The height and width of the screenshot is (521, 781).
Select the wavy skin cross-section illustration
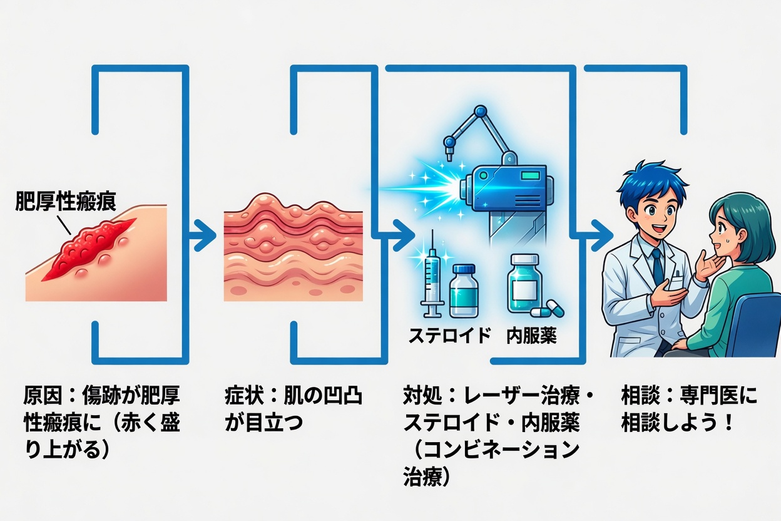pos(294,247)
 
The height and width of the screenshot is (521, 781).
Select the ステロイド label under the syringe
pos(449,336)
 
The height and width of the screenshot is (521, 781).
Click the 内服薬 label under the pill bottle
pos(531,336)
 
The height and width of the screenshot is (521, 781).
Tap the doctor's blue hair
pos(645,179)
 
